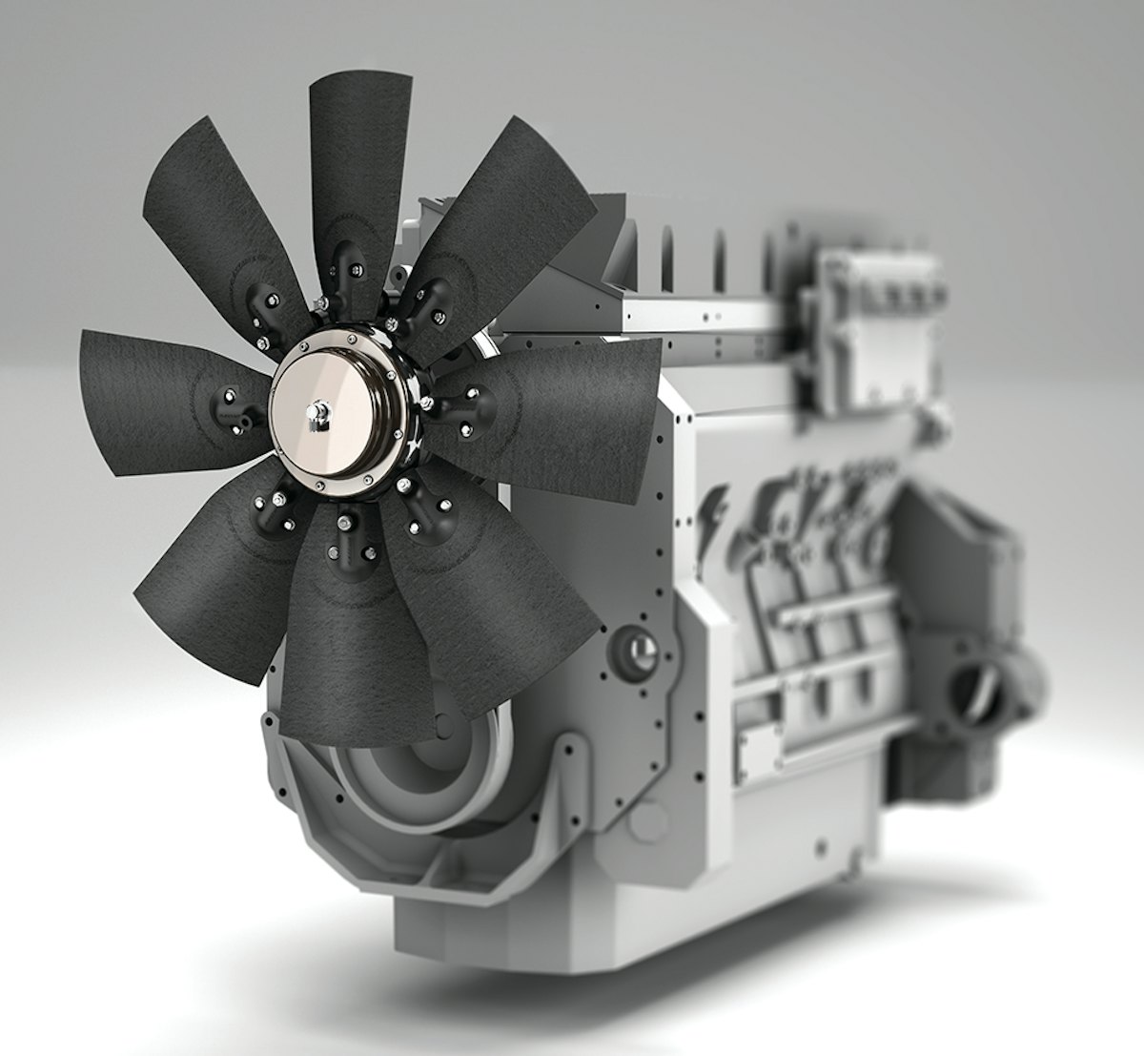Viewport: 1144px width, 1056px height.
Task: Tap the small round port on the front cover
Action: [x=634, y=652]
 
